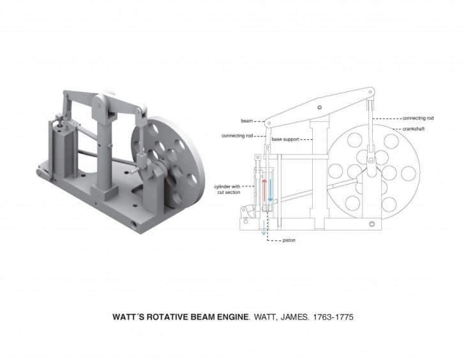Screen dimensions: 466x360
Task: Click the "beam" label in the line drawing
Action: [x=246, y=121]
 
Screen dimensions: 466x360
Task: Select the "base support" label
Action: [x=285, y=139]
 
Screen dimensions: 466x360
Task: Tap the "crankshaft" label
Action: [x=414, y=129]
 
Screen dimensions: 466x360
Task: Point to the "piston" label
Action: [x=289, y=240]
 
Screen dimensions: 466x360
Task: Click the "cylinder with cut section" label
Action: [x=227, y=190]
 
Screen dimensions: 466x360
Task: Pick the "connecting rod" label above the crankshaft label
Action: [x=418, y=118]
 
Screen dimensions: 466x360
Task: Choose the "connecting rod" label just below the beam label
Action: [x=237, y=136]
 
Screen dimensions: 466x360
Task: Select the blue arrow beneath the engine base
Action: [x=264, y=229]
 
